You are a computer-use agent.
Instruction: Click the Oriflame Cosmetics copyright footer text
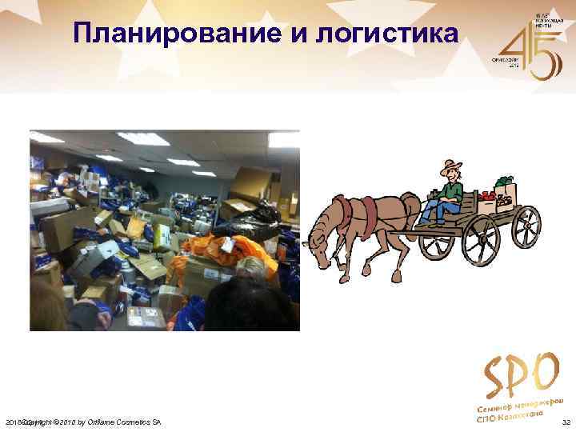click(x=88, y=422)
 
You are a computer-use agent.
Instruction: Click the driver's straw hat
click(x=450, y=167)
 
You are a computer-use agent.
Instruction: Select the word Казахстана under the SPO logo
click(x=521, y=415)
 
